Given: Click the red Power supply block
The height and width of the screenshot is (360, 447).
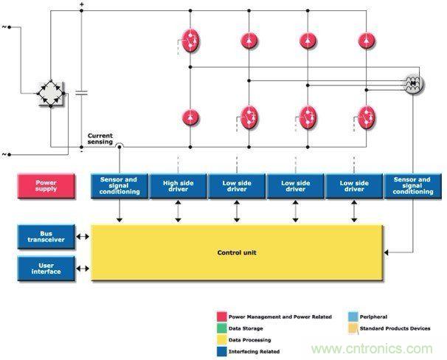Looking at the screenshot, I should (x=46, y=185).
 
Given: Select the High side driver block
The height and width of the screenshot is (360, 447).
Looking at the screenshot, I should (x=177, y=185).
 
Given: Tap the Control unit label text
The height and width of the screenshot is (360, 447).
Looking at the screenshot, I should (x=236, y=253).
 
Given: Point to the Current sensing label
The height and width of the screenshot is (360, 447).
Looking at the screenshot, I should (x=100, y=138).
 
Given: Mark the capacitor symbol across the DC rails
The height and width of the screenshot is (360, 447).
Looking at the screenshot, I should (x=80, y=94).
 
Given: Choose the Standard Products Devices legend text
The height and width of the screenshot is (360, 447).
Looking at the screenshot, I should (x=395, y=328).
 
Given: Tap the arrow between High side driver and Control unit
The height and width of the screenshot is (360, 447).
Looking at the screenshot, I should (x=177, y=210).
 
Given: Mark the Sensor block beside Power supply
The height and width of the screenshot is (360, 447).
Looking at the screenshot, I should (x=119, y=185).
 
